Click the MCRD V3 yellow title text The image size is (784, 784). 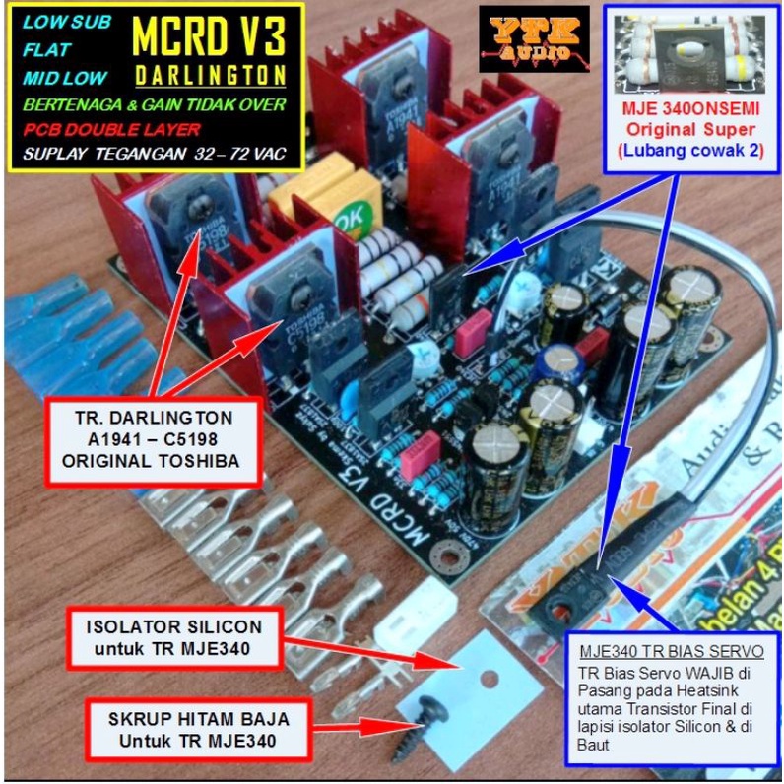pyautogui.click(x=208, y=37)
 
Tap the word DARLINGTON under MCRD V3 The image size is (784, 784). pyautogui.click(x=210, y=76)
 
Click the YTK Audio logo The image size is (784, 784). pyautogui.click(x=534, y=40)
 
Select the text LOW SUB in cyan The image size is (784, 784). pyautogui.click(x=67, y=22)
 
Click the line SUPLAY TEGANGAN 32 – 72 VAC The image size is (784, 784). pyautogui.click(x=155, y=155)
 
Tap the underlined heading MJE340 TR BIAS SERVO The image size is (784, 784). pyautogui.click(x=671, y=652)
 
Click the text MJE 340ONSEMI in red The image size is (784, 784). pyautogui.click(x=687, y=110)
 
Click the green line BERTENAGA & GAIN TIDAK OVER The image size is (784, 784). pyautogui.click(x=154, y=104)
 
